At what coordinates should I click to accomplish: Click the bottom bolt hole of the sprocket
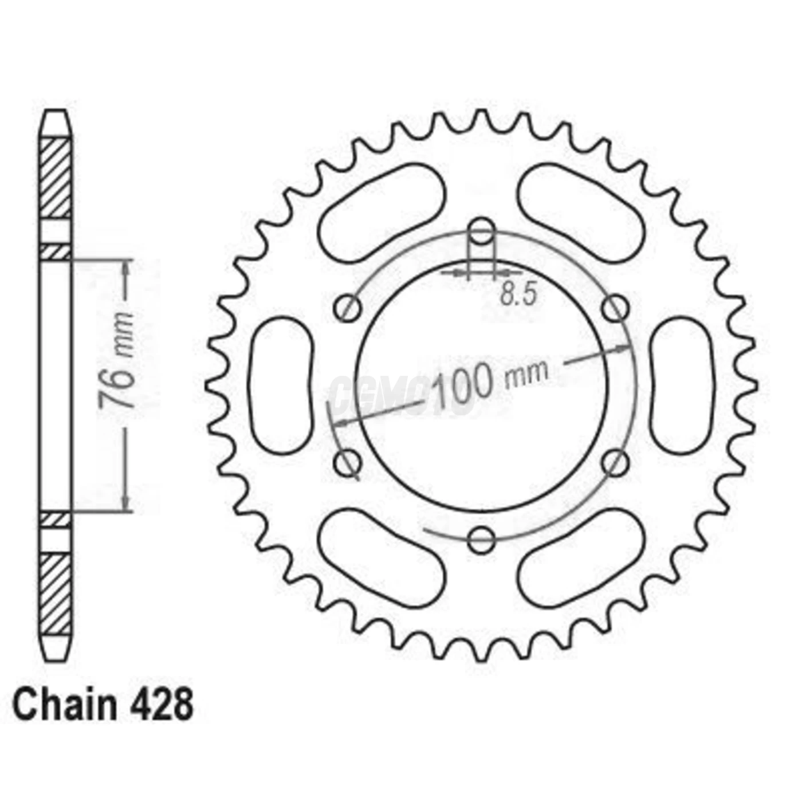click(481, 539)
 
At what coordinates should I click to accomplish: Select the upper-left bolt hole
click(347, 308)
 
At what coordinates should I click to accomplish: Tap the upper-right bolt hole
click(616, 308)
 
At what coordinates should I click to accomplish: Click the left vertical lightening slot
click(282, 385)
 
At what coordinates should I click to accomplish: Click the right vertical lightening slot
click(681, 385)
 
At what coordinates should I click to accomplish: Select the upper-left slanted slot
click(381, 213)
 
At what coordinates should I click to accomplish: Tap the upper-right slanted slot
click(581, 213)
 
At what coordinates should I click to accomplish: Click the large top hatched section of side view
click(56, 178)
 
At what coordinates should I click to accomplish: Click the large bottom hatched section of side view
click(56, 593)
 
